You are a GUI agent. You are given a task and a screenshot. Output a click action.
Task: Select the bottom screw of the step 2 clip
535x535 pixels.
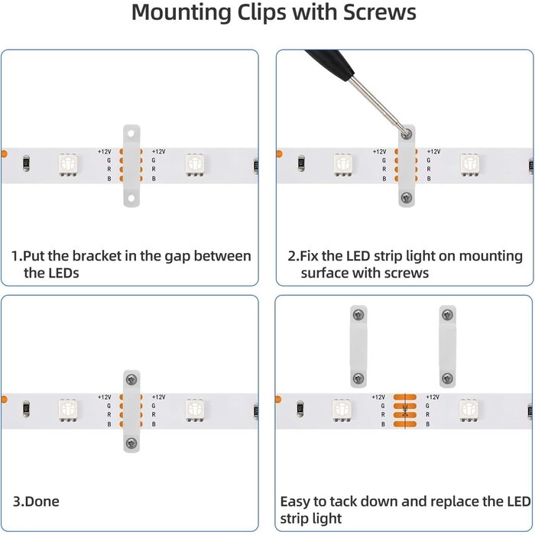407,197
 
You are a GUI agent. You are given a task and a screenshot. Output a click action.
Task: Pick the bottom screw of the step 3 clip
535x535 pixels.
131,443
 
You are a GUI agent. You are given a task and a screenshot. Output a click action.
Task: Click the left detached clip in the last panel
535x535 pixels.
358,345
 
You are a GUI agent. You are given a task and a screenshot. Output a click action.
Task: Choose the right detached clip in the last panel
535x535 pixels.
447,345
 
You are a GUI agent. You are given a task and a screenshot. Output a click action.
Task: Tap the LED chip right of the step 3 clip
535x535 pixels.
195,410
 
